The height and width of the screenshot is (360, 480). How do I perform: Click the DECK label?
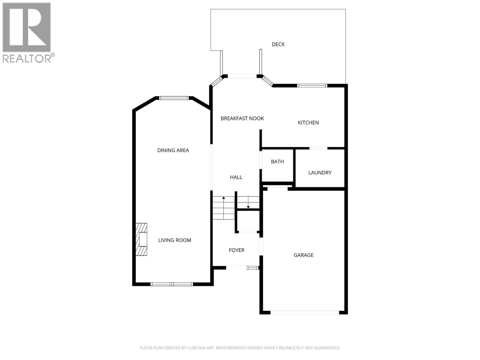(x=278, y=44)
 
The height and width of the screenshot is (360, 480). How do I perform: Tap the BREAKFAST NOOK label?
(x=242, y=118)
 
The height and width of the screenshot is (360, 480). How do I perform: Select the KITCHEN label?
(x=308, y=122)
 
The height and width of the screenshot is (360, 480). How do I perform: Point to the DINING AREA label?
(x=173, y=150)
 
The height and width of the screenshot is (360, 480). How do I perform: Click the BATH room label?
(x=277, y=162)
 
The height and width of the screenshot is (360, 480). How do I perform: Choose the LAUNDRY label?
(x=320, y=172)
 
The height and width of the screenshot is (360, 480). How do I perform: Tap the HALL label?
(x=236, y=177)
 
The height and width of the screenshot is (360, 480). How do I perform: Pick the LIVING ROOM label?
(x=175, y=240)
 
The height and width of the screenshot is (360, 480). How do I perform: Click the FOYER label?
(x=236, y=250)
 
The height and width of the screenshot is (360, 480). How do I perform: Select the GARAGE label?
(x=303, y=255)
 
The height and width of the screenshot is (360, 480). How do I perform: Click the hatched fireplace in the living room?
(x=142, y=239)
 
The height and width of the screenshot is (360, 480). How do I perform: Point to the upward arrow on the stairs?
(x=223, y=198)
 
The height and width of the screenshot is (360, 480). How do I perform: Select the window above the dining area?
(x=174, y=98)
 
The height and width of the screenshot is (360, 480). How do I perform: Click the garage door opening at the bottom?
(x=304, y=313)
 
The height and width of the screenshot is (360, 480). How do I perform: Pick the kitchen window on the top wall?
(x=312, y=86)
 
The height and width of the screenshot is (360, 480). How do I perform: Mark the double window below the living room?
(x=172, y=284)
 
